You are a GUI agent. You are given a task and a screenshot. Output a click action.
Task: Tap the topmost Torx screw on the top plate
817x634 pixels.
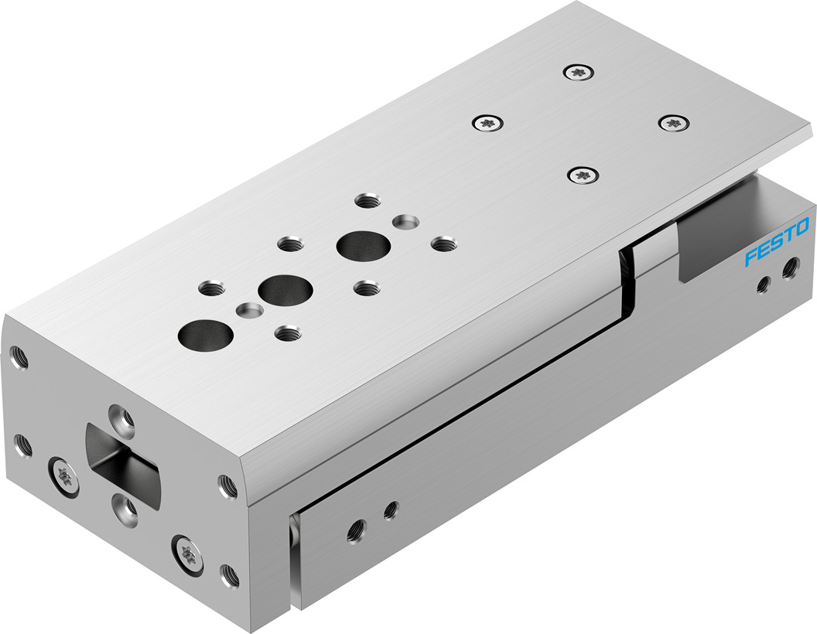pos(578,73)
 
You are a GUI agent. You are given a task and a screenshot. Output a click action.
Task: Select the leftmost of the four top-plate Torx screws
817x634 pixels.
pos(487,124)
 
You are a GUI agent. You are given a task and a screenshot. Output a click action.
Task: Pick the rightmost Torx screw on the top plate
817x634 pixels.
pos(674,123)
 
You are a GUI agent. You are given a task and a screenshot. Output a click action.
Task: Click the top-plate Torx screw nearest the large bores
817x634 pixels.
pos(583,175)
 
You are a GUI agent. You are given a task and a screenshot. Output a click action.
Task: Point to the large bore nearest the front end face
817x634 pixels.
pos(205,336)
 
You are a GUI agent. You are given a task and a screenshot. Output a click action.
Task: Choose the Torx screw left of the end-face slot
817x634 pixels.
pos(64,476)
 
